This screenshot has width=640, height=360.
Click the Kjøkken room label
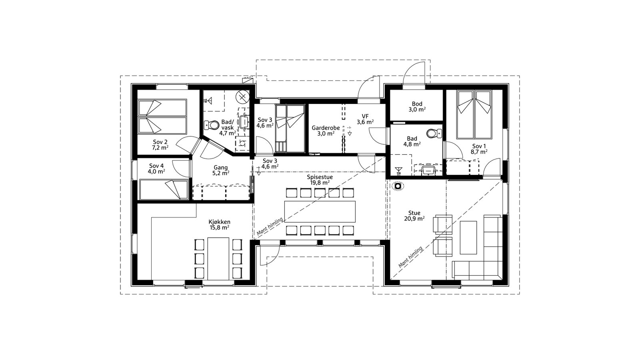[219, 222]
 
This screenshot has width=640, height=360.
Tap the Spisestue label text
[320, 177]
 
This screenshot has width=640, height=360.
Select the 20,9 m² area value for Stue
[414, 218]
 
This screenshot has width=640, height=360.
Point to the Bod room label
[417, 104]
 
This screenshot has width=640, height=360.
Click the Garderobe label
[326, 128]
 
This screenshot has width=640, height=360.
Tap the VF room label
[365, 116]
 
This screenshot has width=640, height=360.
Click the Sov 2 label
[160, 142]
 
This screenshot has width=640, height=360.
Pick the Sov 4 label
[156, 166]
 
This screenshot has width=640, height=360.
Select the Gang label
[221, 168]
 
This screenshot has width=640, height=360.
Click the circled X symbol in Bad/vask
[242, 97]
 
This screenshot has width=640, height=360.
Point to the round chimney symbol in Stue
[398, 186]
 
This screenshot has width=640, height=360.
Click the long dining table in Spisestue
[320, 212]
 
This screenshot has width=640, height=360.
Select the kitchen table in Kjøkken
[218, 258]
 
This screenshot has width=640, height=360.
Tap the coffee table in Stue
[468, 238]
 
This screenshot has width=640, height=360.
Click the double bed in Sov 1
[474, 114]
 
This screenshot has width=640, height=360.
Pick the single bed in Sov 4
[164, 190]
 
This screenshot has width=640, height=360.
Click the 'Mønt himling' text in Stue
[410, 258]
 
